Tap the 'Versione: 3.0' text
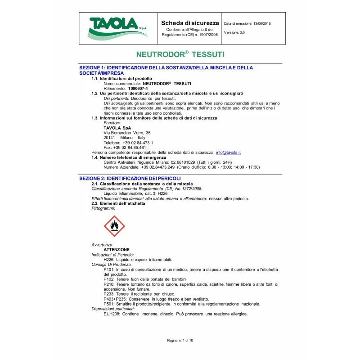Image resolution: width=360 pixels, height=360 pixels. click(x=234, y=32)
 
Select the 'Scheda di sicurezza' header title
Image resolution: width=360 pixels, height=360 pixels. click(x=190, y=23)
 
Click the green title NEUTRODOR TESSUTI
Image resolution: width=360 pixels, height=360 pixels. click(x=180, y=54)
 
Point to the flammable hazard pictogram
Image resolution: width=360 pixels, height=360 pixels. click(x=114, y=226)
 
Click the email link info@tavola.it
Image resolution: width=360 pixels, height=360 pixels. click(x=228, y=153)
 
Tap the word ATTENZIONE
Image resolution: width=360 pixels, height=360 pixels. click(x=117, y=250)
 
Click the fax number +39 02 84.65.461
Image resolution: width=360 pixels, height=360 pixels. click(x=125, y=148)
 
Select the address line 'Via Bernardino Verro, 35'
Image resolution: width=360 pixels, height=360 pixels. click(x=127, y=133)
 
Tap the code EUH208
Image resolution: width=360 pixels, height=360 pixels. click(x=112, y=314)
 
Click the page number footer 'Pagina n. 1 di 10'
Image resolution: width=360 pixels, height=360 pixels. click(x=180, y=340)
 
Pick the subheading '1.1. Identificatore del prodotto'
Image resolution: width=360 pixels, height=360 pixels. click(x=121, y=79)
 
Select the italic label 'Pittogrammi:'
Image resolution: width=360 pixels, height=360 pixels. click(x=103, y=208)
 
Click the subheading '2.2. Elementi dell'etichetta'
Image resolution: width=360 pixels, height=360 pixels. click(x=118, y=203)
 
